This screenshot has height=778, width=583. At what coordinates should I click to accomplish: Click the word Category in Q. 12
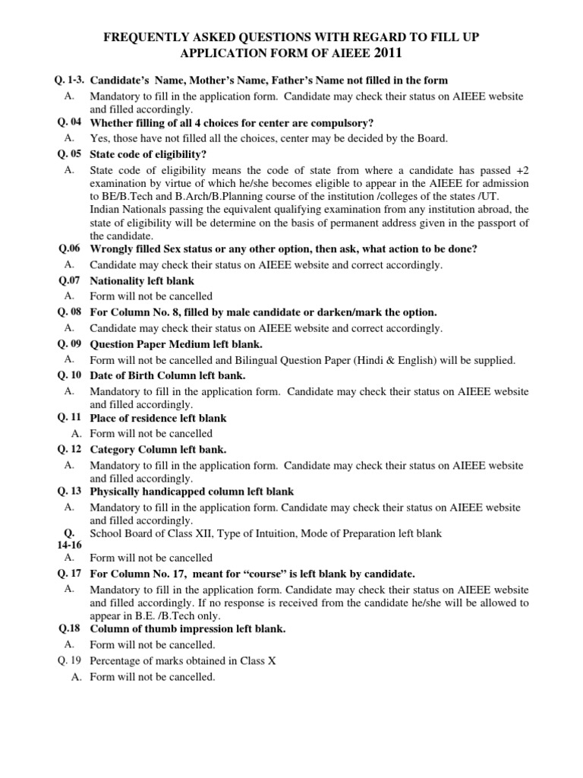[115, 449]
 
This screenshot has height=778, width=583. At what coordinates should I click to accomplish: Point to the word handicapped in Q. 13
[177, 492]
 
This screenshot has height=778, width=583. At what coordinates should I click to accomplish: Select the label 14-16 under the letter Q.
[70, 545]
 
